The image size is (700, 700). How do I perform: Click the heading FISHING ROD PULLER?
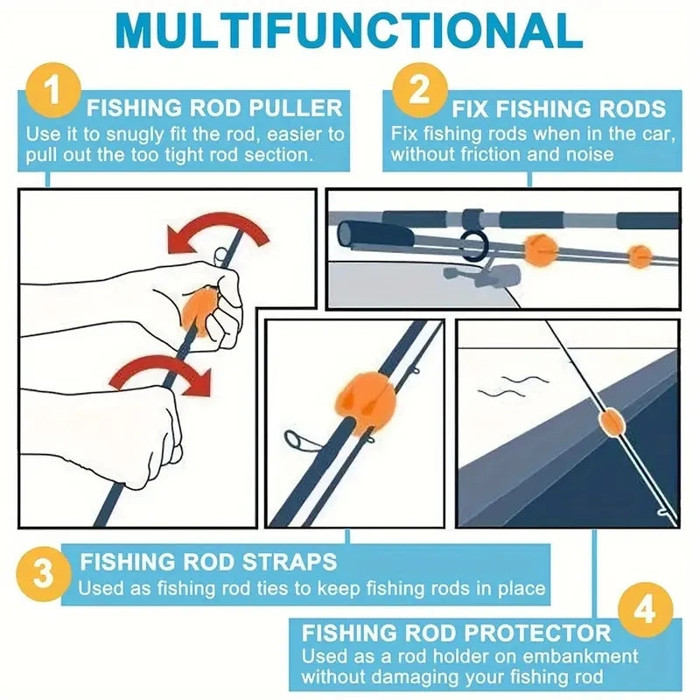point(214,108)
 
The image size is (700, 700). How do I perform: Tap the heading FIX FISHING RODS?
point(558,109)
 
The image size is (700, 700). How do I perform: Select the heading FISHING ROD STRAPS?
point(208,561)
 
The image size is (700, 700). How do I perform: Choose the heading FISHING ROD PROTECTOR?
point(456,633)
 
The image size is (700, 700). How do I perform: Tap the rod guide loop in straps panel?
point(297,441)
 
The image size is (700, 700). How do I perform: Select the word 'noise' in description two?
point(584,155)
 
